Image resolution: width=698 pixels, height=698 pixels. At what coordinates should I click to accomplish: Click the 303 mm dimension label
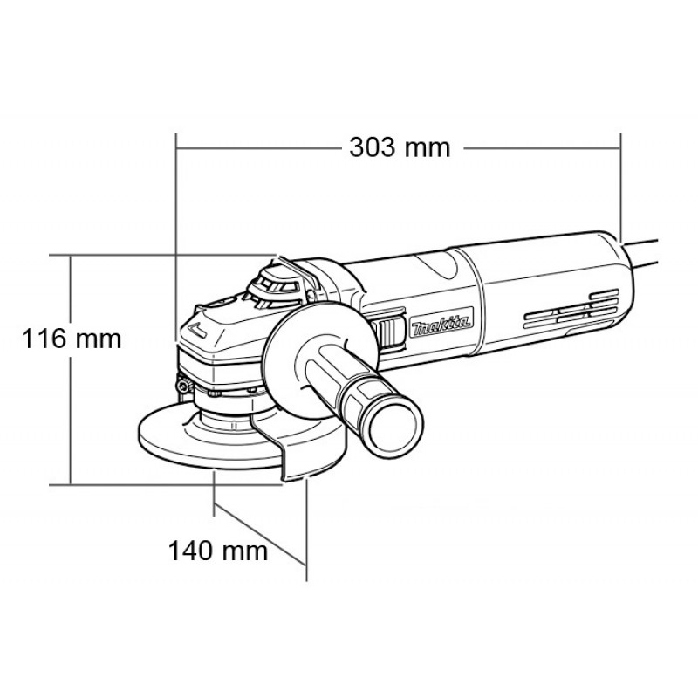(x=400, y=147)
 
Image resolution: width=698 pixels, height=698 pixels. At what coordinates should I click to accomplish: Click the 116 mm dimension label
(x=72, y=339)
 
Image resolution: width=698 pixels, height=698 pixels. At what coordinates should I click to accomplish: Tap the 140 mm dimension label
(x=217, y=551)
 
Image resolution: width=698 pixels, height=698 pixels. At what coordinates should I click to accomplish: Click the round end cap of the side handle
(x=394, y=428)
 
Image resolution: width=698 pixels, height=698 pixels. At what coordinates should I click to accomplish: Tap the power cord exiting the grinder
(x=641, y=253)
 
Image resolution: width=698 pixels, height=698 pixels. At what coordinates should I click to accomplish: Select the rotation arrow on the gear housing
(x=197, y=330)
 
